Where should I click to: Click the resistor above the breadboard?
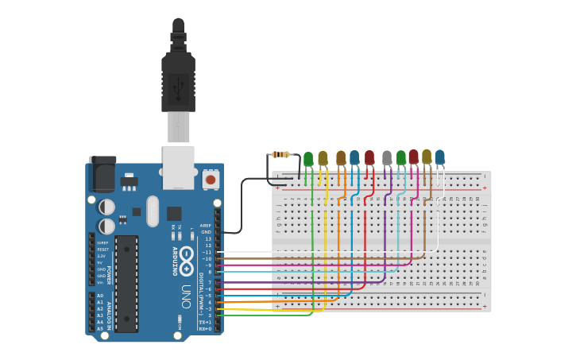pyautogui.click(x=280, y=154)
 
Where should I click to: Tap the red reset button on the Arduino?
pyautogui.click(x=211, y=180)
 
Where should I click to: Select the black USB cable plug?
pyautogui.click(x=178, y=79)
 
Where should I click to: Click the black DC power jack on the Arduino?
pyautogui.click(x=102, y=173)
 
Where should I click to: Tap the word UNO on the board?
pyautogui.click(x=186, y=291)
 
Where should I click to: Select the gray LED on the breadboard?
pyautogui.click(x=387, y=158)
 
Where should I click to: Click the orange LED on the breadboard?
pyautogui.click(x=341, y=158)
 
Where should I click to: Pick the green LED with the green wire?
pyautogui.click(x=308, y=159)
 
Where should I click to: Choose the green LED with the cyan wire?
pyautogui.click(x=401, y=157)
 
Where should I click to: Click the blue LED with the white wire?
pyautogui.click(x=439, y=157)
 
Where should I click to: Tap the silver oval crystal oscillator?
pyautogui.click(x=153, y=211)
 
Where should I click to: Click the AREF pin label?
pyautogui.click(x=206, y=226)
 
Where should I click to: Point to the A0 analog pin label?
pyautogui.click(x=100, y=296)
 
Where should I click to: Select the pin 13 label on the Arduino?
pyautogui.click(x=208, y=238)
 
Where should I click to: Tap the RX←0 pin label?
pyautogui.click(x=206, y=328)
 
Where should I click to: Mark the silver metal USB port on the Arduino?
pyautogui.click(x=178, y=167)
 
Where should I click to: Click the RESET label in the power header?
pyautogui.click(x=102, y=250)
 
